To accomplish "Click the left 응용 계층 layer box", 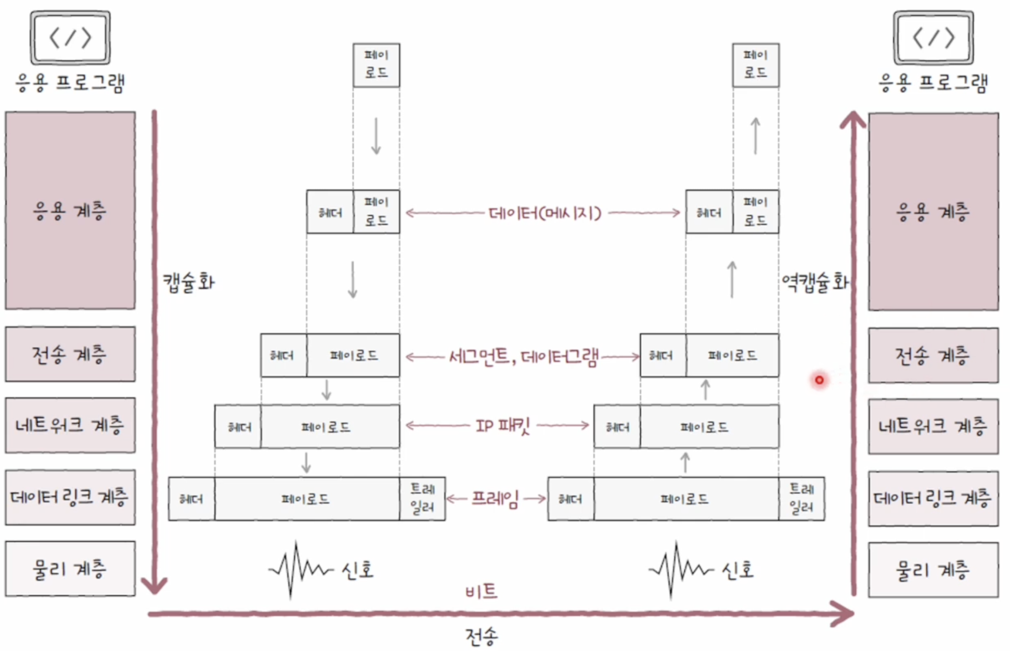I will pyautogui.click(x=70, y=211).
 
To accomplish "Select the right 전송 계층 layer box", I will pyautogui.click(x=933, y=356).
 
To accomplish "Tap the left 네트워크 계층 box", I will pyautogui.click(x=70, y=425).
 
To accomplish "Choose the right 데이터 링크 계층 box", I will pyautogui.click(x=933, y=499).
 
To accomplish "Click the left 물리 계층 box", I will pyautogui.click(x=70, y=568).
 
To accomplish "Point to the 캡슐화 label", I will pyautogui.click(x=189, y=282).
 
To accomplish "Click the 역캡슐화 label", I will pyautogui.click(x=814, y=282).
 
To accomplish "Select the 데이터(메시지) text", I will pyautogui.click(x=544, y=213).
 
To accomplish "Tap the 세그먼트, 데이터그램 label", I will pyautogui.click(x=523, y=357).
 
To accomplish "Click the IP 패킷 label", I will pyautogui.click(x=502, y=426).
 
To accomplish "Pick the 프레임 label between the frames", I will pyautogui.click(x=495, y=499).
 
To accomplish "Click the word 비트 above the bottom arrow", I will pyautogui.click(x=481, y=591).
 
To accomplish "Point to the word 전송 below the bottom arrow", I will pyautogui.click(x=481, y=635).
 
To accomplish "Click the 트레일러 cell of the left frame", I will pyautogui.click(x=422, y=499).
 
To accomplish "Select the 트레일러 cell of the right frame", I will pyautogui.click(x=801, y=499).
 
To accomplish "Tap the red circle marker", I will pyautogui.click(x=819, y=380).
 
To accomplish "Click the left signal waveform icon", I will pyautogui.click(x=299, y=570).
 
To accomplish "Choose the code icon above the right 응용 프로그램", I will pyautogui.click(x=934, y=38).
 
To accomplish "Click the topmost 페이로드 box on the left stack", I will pyautogui.click(x=376, y=65).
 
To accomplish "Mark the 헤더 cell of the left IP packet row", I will pyautogui.click(x=238, y=427).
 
